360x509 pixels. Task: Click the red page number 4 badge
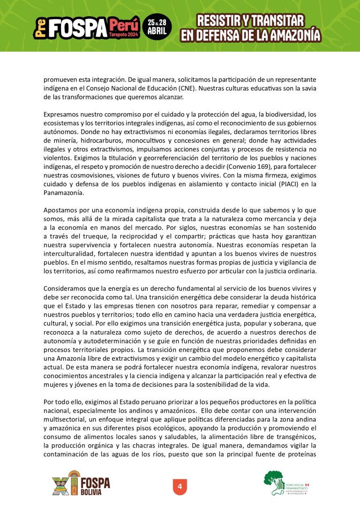[x=180, y=486]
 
